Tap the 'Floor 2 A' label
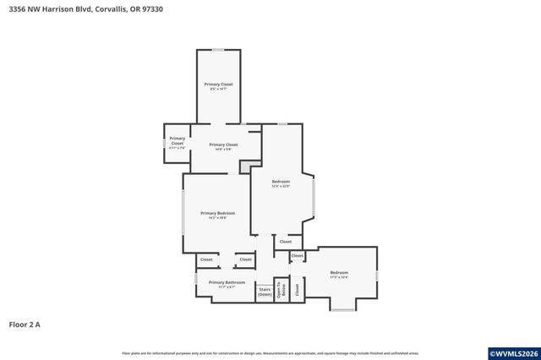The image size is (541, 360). click(25, 324)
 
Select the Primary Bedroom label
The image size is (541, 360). click(217, 215)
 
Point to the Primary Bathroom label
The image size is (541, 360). click(227, 284)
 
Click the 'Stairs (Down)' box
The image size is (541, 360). click(265, 292)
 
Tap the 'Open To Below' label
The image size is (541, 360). click(281, 290)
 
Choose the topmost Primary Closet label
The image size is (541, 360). click(219, 86)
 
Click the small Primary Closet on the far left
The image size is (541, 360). click(177, 141)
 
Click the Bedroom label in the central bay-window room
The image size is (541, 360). click(281, 183)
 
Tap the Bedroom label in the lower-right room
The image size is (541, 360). click(339, 274)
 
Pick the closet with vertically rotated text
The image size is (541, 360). click(298, 288)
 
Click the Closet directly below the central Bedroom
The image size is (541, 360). click(286, 242)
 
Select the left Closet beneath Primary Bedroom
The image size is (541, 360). click(206, 259)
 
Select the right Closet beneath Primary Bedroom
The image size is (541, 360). click(245, 259)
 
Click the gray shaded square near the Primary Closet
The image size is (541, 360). click(246, 167)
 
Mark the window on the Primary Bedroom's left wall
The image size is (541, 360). click(183, 214)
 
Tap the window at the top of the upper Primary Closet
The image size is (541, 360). click(218, 50)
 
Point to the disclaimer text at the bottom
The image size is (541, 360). click(270, 352)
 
